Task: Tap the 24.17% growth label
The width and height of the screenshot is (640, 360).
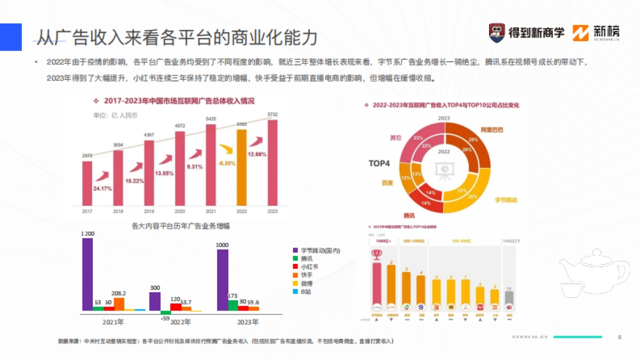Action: tap(102, 188)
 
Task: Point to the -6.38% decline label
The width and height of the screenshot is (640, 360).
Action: tap(227, 163)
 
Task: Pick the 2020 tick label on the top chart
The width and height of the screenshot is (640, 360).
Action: tap(180, 211)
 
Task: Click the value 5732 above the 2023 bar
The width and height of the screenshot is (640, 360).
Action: tap(273, 115)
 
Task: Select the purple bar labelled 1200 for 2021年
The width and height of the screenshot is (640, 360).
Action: tap(87, 274)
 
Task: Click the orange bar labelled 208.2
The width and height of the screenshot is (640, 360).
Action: tap(119, 304)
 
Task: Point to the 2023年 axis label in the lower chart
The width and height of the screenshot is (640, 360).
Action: tap(247, 322)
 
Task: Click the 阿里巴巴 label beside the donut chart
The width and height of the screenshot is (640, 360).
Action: tap(492, 130)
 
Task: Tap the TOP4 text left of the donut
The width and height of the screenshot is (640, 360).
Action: tap(379, 163)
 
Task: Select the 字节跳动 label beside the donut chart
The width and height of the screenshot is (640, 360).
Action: tap(506, 200)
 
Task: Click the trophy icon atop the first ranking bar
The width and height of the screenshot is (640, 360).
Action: tap(377, 254)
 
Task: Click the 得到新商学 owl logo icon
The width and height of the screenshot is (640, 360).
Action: tap(497, 33)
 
